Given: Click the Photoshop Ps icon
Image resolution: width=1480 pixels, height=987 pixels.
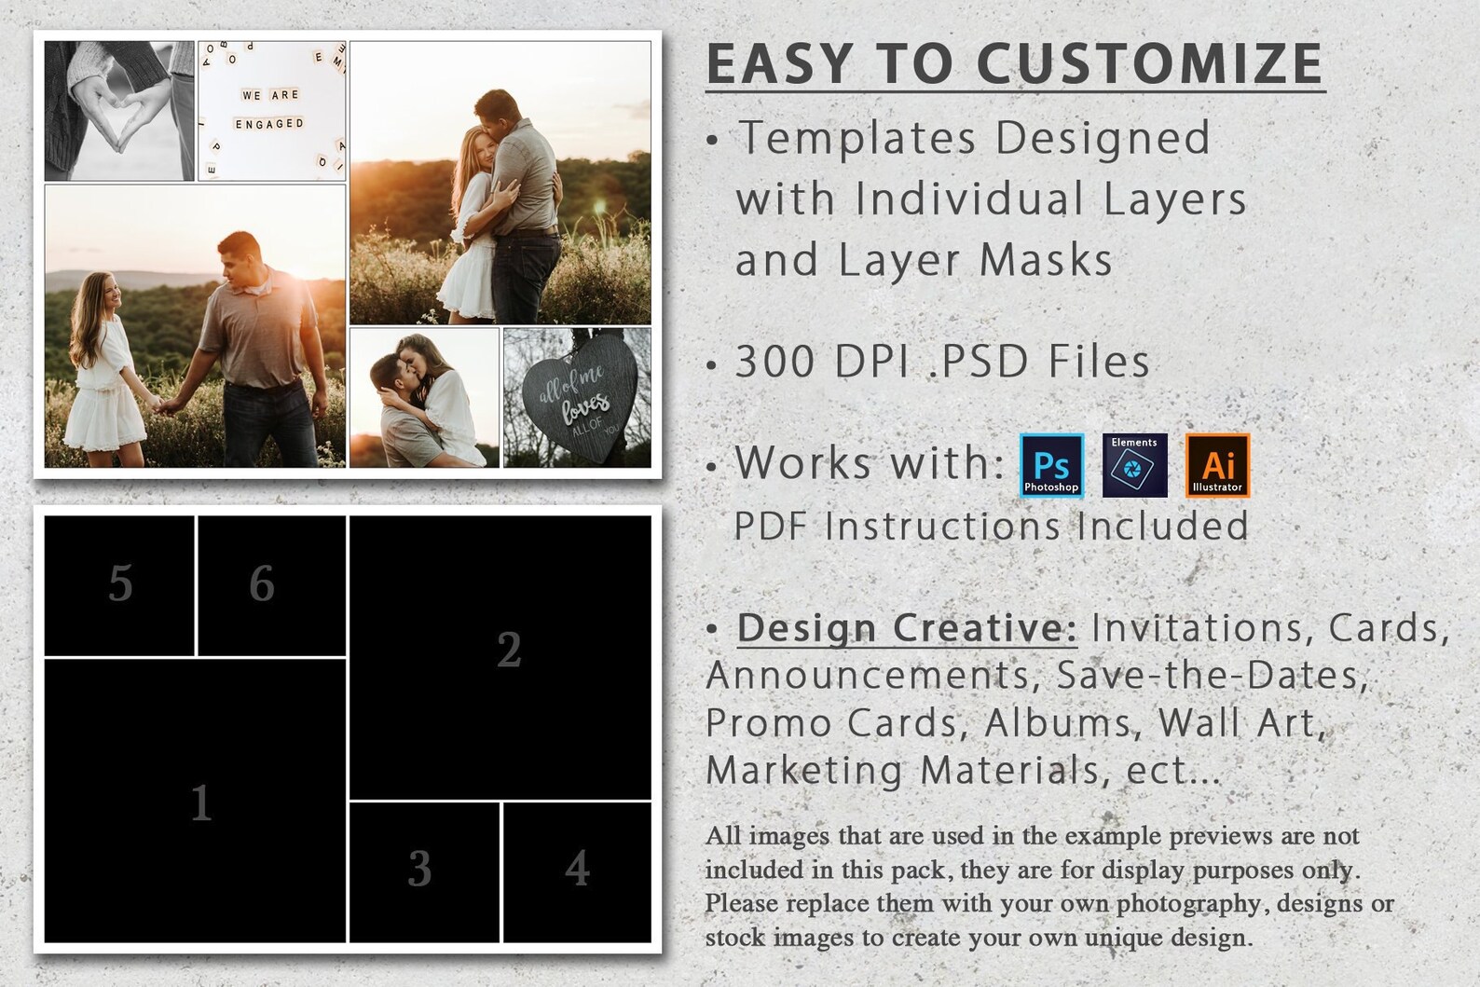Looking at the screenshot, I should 1051,465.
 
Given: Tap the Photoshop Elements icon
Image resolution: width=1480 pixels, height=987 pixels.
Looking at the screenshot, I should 1134,465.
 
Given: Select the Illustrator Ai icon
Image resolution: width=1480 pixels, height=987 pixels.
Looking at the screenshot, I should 1217,465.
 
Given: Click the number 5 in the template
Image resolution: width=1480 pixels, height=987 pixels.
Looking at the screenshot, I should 120,584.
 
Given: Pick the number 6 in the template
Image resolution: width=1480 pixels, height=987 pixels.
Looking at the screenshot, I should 262,584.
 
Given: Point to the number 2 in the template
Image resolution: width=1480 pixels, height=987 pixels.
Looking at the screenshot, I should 509,650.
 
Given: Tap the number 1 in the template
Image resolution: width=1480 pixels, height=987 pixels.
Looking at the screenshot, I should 201,802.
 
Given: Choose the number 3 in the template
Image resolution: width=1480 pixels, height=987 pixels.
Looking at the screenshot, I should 419,869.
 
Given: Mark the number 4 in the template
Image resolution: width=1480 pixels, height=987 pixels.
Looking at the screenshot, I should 577,869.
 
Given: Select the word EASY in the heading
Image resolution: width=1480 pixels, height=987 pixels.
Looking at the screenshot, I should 779,63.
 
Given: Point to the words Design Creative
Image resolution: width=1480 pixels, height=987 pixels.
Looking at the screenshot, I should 907,628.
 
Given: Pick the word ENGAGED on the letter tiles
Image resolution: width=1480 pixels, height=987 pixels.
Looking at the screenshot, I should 269,124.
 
